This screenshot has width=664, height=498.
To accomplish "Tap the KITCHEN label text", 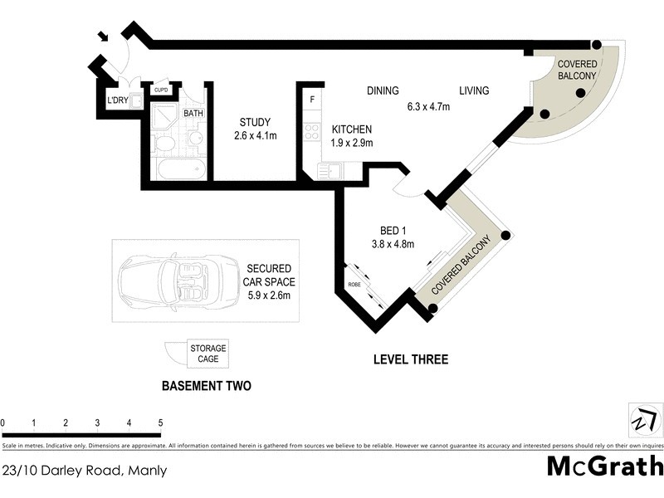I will coord(352,129).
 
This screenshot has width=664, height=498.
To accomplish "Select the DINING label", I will coord(383,91).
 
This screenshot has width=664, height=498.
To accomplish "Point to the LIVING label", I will coord(474,91).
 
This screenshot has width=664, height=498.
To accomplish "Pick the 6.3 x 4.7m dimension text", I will coord(427,106).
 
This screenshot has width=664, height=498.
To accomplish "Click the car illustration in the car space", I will coord(166,281).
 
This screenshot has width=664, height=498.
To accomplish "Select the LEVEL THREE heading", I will coord(410,360).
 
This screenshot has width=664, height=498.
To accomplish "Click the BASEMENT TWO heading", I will coord(206,386).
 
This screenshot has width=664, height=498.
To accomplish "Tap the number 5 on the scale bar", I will coord(160,423).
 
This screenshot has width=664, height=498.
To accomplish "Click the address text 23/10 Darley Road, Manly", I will coord(85,471).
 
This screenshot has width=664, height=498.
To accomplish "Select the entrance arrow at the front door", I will coord(103,37).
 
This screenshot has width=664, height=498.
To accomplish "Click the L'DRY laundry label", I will coord(116,101).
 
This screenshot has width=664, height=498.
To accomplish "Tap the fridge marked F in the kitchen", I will coord(312,100).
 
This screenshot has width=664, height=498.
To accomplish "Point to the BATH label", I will coord(193,114).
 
